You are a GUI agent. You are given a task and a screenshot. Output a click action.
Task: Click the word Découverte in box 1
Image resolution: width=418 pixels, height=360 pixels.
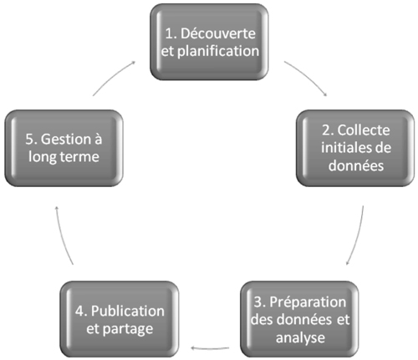[x=218, y=33]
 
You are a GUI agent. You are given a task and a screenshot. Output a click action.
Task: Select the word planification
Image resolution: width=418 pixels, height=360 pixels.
[x=218, y=52]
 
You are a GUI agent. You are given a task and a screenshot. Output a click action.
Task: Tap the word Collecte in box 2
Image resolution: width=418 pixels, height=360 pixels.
[x=364, y=130]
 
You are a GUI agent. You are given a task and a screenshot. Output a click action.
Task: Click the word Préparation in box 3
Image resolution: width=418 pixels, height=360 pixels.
[x=308, y=302]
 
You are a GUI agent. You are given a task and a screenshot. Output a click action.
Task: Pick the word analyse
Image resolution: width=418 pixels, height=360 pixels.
[x=300, y=338]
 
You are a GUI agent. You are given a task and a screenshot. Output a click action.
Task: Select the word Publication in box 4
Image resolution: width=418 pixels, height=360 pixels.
[x=128, y=311]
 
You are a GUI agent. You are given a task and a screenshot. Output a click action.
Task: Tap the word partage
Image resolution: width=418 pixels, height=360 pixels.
[x=128, y=330]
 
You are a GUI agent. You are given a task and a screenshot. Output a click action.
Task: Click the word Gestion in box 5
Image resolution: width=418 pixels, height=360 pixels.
[x=67, y=139]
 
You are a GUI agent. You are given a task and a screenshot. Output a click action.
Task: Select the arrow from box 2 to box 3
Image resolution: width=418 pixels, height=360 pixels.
[x=358, y=236]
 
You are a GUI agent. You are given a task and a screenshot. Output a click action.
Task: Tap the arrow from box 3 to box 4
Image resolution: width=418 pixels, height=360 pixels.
[x=210, y=348]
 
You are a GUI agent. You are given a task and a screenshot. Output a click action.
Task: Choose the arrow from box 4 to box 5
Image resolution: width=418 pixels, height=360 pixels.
[x=62, y=235]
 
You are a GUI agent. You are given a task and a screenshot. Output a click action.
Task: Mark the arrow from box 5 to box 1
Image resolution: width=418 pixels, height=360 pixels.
[x=113, y=77]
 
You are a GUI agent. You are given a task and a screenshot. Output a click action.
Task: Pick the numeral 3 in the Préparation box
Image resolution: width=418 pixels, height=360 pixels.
[x=258, y=302]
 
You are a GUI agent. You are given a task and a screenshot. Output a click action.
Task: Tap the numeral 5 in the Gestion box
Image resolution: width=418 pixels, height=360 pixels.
[x=29, y=139]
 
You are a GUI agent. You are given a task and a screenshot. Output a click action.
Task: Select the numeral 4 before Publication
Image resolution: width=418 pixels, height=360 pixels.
[x=79, y=312]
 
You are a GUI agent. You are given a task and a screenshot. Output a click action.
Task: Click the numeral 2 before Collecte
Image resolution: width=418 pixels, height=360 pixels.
[x=326, y=130]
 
